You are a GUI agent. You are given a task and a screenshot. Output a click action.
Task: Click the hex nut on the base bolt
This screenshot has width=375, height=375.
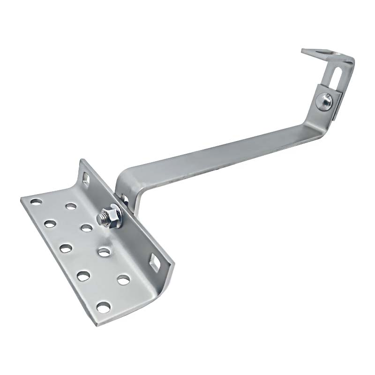[x=113, y=217]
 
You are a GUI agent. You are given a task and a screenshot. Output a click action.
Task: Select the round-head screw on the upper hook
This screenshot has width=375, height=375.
[x=324, y=100]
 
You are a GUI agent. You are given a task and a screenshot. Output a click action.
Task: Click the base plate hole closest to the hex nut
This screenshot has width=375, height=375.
[x=86, y=228]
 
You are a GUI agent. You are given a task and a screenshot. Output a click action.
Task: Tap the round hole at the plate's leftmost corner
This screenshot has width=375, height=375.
[x=36, y=202]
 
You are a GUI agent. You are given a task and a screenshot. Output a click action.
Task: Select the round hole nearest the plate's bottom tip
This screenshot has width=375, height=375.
[x=103, y=307]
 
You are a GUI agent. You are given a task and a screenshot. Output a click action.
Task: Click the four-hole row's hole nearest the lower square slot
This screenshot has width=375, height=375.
[x=123, y=280]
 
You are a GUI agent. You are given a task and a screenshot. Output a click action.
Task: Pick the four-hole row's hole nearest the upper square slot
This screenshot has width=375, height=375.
[x=71, y=206]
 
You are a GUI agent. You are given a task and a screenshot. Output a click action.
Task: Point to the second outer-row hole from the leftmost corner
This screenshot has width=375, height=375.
[x=50, y=224]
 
